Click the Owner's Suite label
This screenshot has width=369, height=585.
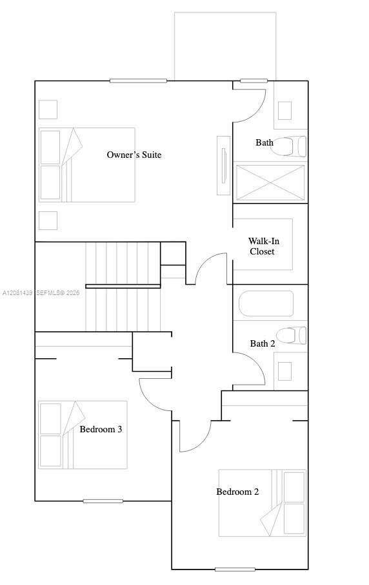point(134,155)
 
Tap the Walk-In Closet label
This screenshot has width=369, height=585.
point(264,246)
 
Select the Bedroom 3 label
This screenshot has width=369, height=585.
point(101,429)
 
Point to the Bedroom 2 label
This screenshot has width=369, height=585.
point(237,492)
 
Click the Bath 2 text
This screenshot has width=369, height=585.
point(263,343)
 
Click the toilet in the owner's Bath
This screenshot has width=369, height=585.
point(288,146)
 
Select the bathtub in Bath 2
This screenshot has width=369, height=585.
point(266,303)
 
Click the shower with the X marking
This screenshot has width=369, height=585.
point(270,182)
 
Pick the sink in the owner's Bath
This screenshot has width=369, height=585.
point(284,111)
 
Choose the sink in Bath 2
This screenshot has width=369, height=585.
point(284,371)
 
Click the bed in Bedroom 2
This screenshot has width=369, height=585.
point(262,503)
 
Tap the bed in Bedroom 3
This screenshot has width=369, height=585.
point(83,435)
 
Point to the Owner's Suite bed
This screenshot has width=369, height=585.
point(87,165)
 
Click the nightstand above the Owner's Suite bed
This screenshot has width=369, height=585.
point(48,110)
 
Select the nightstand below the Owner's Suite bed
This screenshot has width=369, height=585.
point(48,220)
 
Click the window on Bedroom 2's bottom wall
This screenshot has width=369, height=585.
point(235,570)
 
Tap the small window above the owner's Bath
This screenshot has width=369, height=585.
point(254,81)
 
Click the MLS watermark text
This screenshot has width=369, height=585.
point(41,293)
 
